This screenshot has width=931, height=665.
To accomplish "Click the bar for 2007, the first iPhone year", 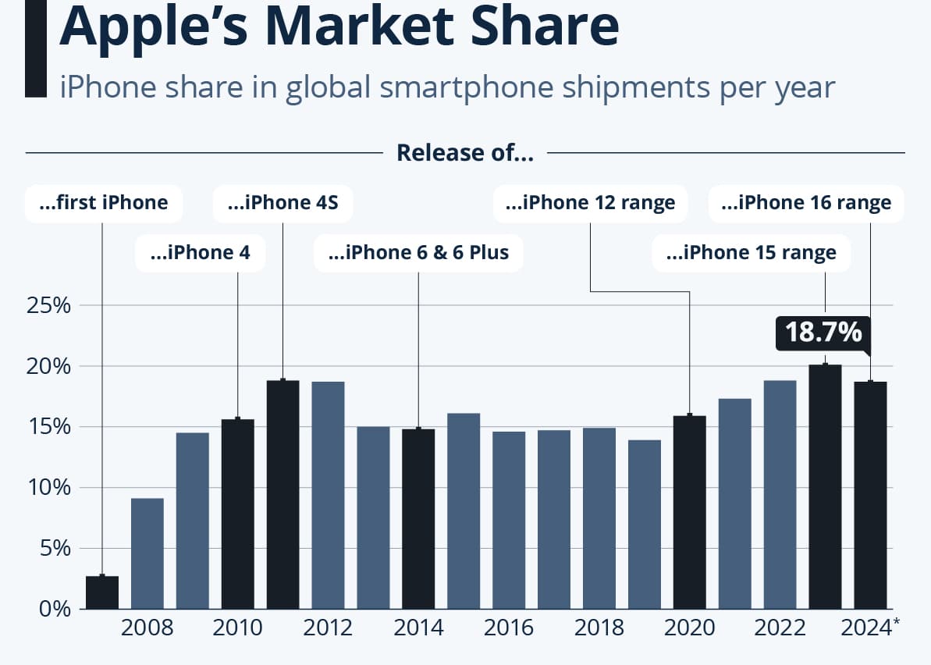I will [102, 592].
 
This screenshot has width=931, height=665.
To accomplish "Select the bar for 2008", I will [147, 553].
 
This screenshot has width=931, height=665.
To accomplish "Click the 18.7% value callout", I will [823, 332].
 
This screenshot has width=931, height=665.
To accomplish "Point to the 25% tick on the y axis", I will [48, 306].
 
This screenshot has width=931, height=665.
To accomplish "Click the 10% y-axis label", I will [48, 488].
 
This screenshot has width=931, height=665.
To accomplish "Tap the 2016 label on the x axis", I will [509, 628].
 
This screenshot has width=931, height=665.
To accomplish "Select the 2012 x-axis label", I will [328, 628].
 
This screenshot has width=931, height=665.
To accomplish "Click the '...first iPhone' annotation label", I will [104, 203].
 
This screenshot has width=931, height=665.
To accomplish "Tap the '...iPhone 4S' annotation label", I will [282, 203].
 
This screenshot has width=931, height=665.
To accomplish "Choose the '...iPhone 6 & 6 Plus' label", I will [418, 253].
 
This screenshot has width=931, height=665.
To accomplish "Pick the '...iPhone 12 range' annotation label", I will [590, 203].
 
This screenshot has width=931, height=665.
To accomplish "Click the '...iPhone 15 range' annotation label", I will [751, 253].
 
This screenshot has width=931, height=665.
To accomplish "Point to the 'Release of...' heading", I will [465, 153].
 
